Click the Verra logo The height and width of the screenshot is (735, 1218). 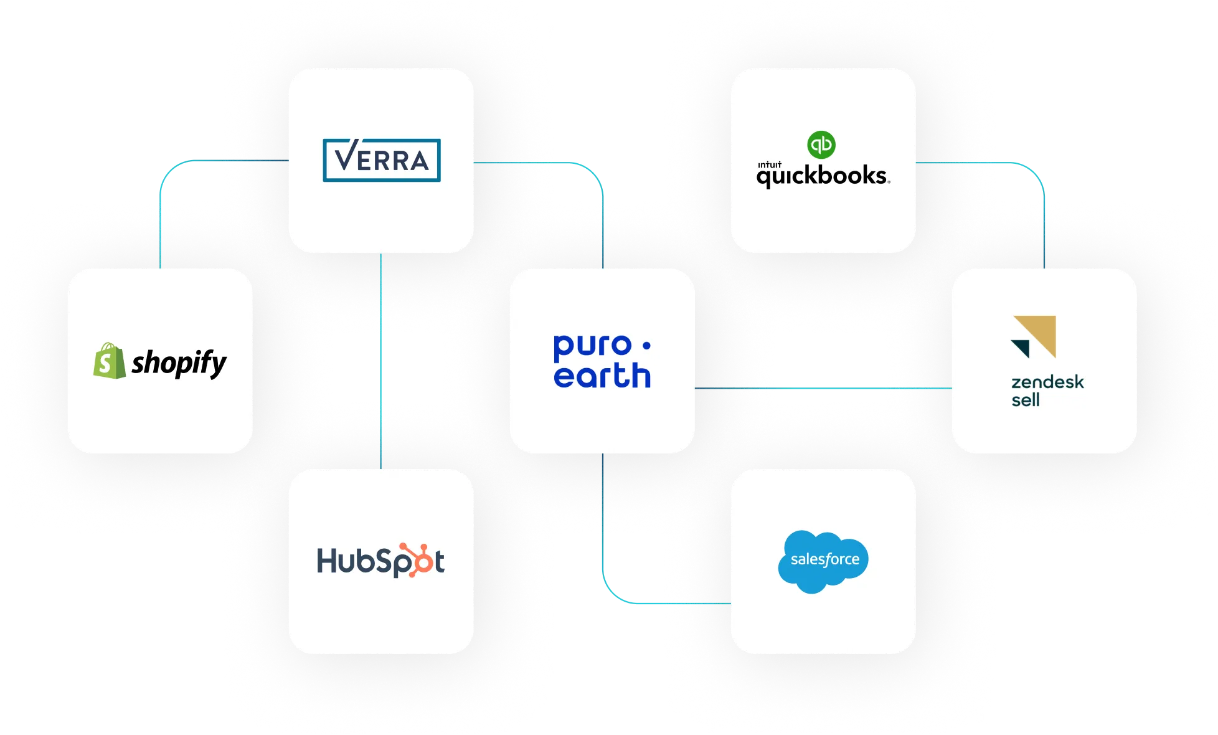(381, 160)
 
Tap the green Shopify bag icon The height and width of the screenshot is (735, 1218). (108, 361)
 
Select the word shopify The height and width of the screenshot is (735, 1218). (179, 363)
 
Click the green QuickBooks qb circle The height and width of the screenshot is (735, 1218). (821, 145)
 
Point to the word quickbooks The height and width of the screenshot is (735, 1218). (823, 176)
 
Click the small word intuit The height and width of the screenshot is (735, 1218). (769, 165)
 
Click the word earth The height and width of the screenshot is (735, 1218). (602, 376)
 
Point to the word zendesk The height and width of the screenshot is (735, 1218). (1047, 382)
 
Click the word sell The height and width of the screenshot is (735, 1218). (1025, 400)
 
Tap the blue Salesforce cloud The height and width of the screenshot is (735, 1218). (823, 561)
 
